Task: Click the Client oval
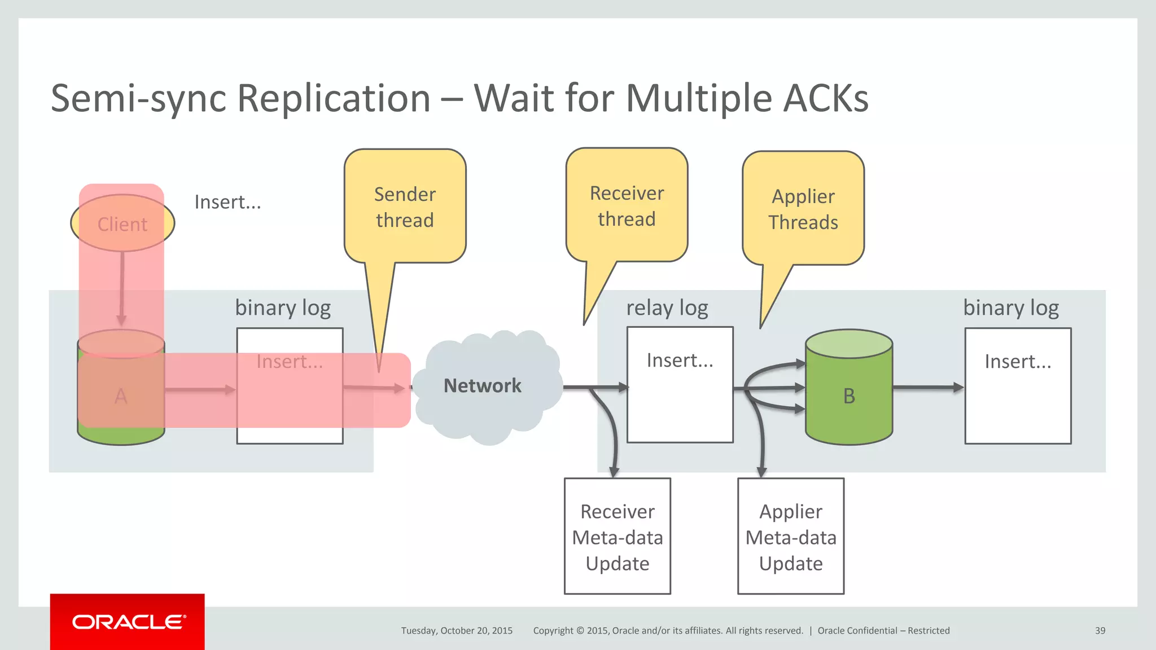(x=122, y=223)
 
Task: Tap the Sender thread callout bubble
(x=405, y=207)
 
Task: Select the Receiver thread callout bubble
(x=627, y=205)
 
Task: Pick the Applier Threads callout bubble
(x=803, y=209)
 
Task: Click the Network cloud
(x=483, y=386)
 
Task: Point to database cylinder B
(x=848, y=395)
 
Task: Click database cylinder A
(x=121, y=395)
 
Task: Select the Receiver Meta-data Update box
(x=617, y=537)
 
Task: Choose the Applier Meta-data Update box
(x=790, y=537)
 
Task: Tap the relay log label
(x=667, y=308)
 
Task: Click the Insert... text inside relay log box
(x=680, y=360)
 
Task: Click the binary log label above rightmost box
(x=1010, y=308)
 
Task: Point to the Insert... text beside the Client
(x=227, y=202)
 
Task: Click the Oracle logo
(x=128, y=622)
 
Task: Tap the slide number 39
(x=1100, y=631)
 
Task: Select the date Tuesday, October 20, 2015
(x=457, y=631)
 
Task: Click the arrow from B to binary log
(x=927, y=388)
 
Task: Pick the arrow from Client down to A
(x=121, y=288)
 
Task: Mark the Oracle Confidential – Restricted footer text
(x=883, y=631)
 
